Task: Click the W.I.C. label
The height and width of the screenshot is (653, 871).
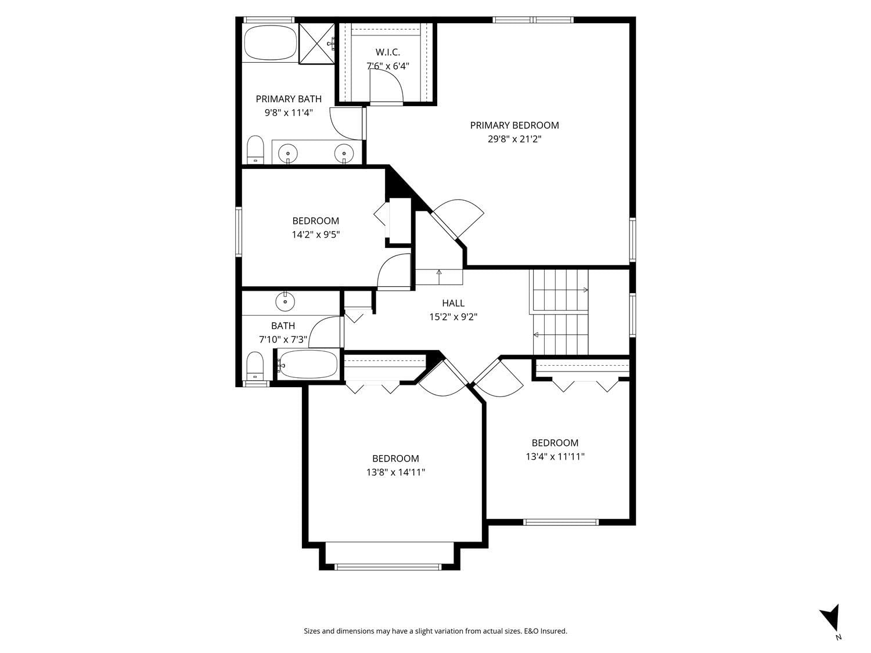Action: [x=388, y=52]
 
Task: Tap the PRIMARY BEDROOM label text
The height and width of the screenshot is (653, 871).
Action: [x=514, y=125]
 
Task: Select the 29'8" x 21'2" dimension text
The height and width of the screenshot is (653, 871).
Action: [x=514, y=139]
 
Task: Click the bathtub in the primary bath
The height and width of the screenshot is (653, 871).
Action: [x=270, y=43]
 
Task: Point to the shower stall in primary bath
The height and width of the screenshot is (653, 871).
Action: [x=316, y=43]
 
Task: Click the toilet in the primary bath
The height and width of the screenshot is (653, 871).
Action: [x=255, y=150]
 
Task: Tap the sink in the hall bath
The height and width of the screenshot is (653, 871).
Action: [x=285, y=302]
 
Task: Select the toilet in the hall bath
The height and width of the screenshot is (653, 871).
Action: [x=255, y=366]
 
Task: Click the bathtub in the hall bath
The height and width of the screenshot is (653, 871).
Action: [x=308, y=364]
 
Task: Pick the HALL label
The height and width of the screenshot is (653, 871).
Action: [x=453, y=304]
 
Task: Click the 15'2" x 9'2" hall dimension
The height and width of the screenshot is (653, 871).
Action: [x=453, y=317]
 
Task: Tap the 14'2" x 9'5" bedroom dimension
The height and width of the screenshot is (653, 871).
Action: [x=316, y=234]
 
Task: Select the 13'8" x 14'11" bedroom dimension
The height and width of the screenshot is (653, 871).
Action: [x=395, y=472]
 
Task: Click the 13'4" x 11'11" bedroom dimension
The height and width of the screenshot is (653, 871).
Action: [x=555, y=456]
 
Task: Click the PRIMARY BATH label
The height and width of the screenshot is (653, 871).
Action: [x=289, y=99]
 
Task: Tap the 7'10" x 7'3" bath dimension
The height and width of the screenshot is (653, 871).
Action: [x=283, y=340]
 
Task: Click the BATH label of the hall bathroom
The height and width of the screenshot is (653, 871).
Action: [x=283, y=326]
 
